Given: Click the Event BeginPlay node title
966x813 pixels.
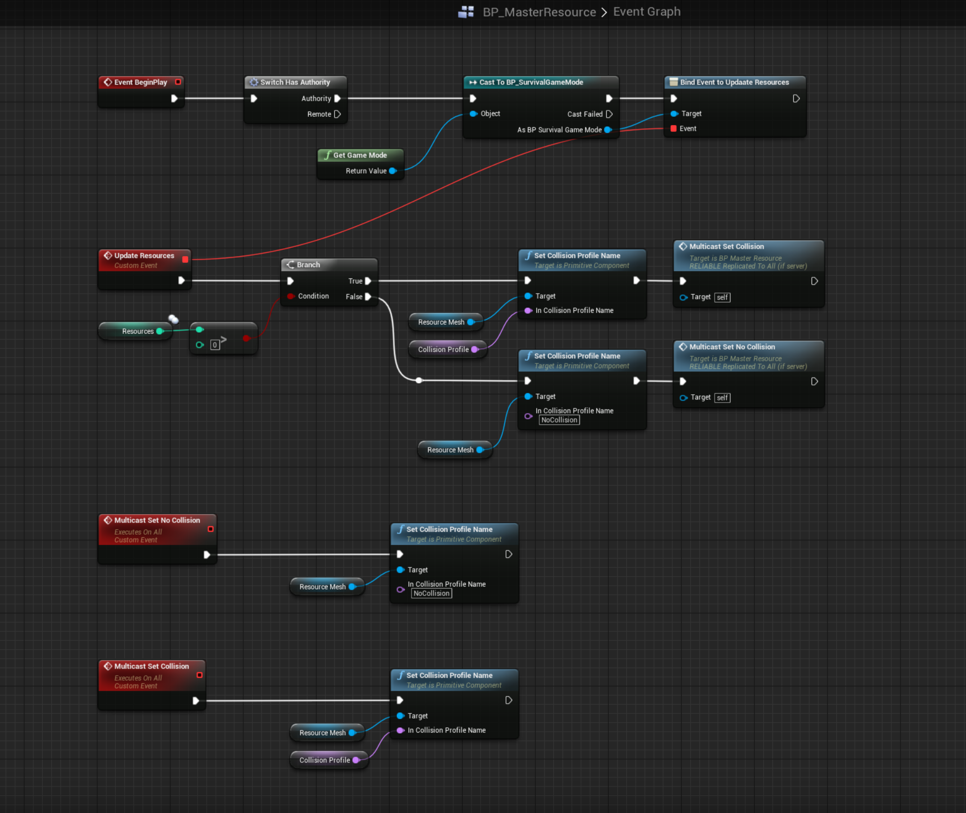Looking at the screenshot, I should click(x=140, y=82).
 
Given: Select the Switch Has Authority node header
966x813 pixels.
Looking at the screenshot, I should click(x=295, y=82).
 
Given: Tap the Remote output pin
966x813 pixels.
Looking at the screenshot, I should click(x=337, y=114).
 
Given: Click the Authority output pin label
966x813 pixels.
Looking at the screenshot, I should click(x=316, y=99).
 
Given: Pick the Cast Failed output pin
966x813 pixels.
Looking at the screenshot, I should click(x=609, y=114).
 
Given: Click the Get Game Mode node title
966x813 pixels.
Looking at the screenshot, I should click(x=360, y=155).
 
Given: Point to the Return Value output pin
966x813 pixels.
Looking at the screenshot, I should click(x=393, y=171).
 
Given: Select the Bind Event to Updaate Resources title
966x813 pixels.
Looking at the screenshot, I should click(x=734, y=82).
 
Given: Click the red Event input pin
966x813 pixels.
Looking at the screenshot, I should click(x=674, y=129).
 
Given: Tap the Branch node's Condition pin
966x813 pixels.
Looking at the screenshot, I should click(x=291, y=296).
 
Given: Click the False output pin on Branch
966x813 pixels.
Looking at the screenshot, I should click(x=368, y=297).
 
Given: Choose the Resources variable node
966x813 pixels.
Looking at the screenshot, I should click(x=137, y=331).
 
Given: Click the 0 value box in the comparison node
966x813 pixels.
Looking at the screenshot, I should click(x=215, y=345).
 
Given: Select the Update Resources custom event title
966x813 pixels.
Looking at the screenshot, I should click(x=144, y=256).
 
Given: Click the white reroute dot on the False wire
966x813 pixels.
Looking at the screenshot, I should click(x=419, y=380).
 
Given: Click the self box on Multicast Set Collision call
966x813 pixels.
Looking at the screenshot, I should click(x=722, y=297).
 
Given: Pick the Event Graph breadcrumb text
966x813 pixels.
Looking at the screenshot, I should click(x=647, y=11).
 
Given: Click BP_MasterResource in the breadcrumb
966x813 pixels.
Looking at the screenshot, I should click(x=539, y=12).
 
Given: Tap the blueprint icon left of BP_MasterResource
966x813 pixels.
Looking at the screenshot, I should click(x=466, y=11).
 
